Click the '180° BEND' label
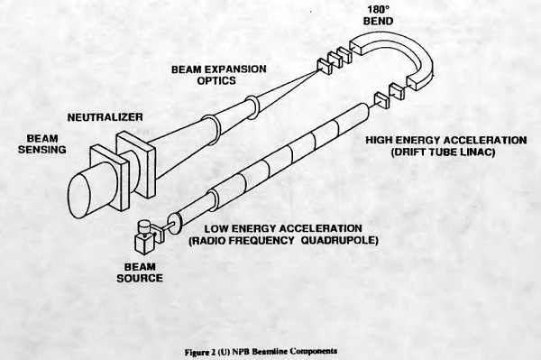[378, 15]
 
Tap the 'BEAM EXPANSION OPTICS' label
[219, 75]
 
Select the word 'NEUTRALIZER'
[105, 117]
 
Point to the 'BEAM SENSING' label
[42, 144]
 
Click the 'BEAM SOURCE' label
[140, 272]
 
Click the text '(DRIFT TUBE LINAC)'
[444, 152]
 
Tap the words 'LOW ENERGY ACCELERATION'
[283, 228]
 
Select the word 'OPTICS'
[216, 81]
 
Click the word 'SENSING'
[42, 150]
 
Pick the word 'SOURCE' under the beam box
[140, 278]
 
